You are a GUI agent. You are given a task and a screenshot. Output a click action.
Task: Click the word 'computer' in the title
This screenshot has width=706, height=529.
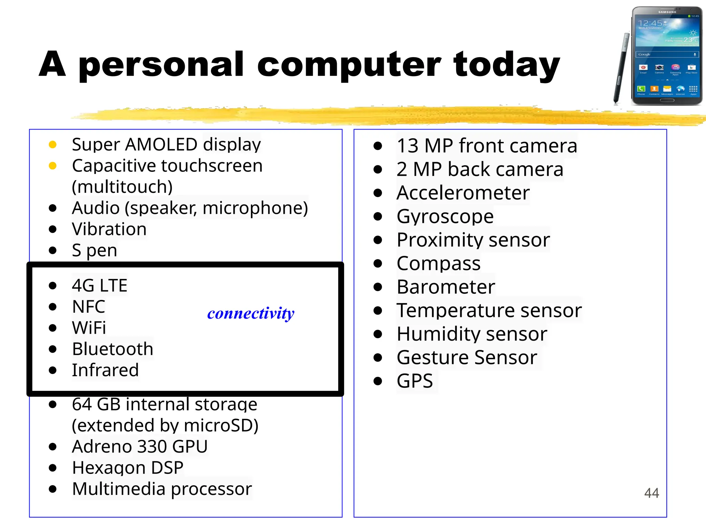[x=349, y=65]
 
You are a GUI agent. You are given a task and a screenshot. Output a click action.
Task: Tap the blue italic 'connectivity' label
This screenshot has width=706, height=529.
[x=251, y=313]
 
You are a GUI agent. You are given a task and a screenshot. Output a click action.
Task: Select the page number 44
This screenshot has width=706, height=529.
[x=651, y=493]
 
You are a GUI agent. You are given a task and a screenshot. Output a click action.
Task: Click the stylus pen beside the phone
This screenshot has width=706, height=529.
[x=621, y=67]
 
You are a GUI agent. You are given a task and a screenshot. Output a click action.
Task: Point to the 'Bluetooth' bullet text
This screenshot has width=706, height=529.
[x=112, y=349]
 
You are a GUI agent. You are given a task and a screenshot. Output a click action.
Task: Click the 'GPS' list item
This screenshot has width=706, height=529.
[x=414, y=381]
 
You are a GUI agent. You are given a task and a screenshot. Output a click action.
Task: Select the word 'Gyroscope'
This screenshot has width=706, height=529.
[x=445, y=216]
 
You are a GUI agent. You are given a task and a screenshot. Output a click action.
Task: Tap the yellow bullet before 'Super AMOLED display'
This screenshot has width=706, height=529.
[x=53, y=144]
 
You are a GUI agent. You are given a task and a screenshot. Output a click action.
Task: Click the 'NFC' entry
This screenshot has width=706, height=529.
[x=88, y=307]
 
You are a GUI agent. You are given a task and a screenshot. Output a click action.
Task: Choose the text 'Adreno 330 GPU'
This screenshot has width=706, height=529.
[x=140, y=446]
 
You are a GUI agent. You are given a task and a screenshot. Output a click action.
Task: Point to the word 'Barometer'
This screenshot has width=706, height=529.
[x=445, y=287]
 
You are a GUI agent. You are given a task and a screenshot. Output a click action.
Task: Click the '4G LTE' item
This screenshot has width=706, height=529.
[x=99, y=286]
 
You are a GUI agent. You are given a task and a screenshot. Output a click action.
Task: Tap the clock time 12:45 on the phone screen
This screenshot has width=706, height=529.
[x=650, y=23]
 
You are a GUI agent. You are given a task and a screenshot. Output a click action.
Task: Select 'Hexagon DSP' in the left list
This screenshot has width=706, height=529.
[x=128, y=468]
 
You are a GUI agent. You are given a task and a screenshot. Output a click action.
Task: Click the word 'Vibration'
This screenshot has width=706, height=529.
[x=109, y=229]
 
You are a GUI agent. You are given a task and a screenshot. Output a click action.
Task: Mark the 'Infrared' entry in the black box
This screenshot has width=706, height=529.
[x=105, y=370]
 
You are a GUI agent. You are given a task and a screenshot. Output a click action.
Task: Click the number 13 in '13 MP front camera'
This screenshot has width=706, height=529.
[x=407, y=146]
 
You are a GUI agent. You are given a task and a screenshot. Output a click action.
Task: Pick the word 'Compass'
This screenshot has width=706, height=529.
[x=438, y=263]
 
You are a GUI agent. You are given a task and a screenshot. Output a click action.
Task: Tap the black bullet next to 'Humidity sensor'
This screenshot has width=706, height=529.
[x=378, y=334]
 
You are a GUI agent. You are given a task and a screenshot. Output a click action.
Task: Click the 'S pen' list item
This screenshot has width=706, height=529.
[x=94, y=250]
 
